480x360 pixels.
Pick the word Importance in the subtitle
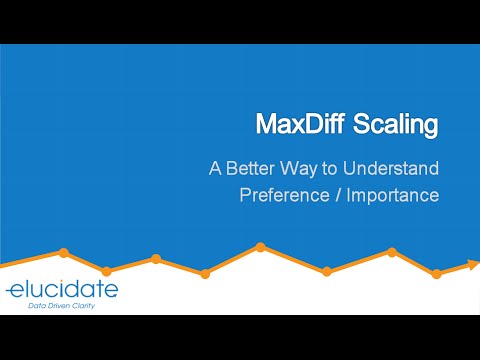(x=393, y=194)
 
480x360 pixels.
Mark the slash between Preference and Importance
(x=335, y=194)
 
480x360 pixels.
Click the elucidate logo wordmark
(x=62, y=290)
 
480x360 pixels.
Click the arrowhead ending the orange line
(x=472, y=265)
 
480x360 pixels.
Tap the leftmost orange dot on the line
(x=63, y=253)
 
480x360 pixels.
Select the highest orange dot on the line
(x=260, y=246)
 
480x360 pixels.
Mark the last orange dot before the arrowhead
(x=436, y=273)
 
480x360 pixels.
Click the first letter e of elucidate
(x=14, y=291)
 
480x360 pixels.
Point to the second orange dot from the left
(x=107, y=270)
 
